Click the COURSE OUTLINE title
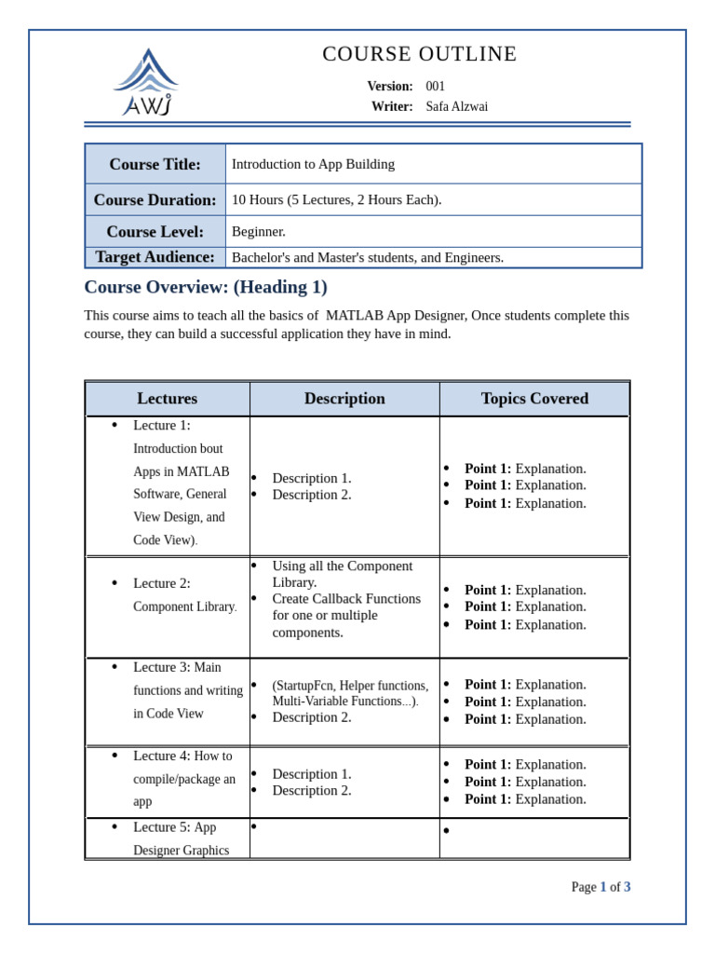419,54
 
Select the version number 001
435,87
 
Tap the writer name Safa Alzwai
456,107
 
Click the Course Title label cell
155,164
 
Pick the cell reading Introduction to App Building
313,164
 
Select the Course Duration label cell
155,199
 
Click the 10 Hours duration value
336,199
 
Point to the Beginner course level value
259,231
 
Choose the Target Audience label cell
155,257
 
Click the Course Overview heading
206,287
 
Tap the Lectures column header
168,399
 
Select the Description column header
344,399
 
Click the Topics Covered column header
534,399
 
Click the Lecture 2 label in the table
161,583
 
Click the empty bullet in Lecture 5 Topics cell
447,831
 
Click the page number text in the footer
600,887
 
